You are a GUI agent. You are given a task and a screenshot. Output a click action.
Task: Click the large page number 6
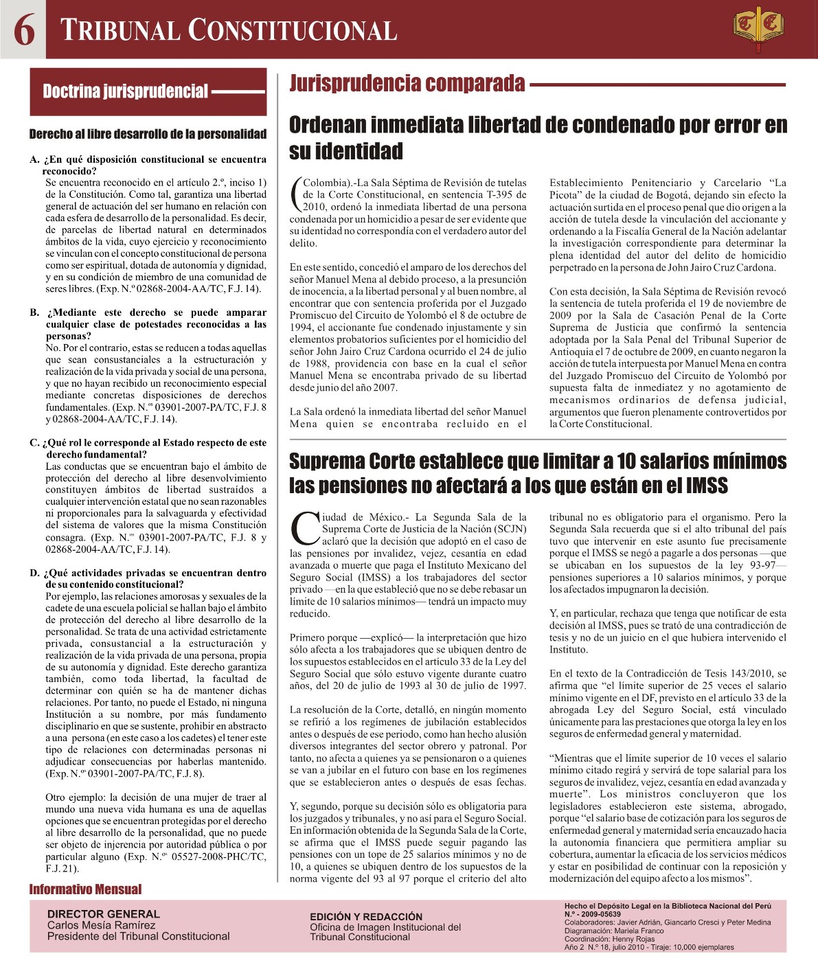pyautogui.click(x=24, y=30)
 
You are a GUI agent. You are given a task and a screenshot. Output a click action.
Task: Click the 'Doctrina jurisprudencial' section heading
pyautogui.click(x=125, y=91)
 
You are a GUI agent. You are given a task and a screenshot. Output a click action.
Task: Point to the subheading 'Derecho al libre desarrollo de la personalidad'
pyautogui.click(x=148, y=134)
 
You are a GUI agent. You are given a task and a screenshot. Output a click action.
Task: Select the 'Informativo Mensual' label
pyautogui.click(x=85, y=889)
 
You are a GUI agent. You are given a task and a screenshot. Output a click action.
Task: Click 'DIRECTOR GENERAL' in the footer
pyautogui.click(x=103, y=913)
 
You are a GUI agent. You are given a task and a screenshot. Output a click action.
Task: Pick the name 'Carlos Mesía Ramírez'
pyautogui.click(x=101, y=925)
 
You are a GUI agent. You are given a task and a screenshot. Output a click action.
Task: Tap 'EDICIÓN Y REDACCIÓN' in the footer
pyautogui.click(x=366, y=916)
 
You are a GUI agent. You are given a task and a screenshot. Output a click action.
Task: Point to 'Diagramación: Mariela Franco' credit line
pyautogui.click(x=614, y=931)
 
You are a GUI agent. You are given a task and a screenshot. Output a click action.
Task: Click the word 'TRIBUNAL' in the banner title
pyautogui.click(x=120, y=31)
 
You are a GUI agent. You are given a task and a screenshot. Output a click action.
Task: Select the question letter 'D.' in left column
pyautogui.click(x=34, y=573)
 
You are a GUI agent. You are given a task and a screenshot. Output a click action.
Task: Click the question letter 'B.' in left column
pyautogui.click(x=34, y=312)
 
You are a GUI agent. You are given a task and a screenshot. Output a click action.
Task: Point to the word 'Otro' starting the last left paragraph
pyautogui.click(x=55, y=797)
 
